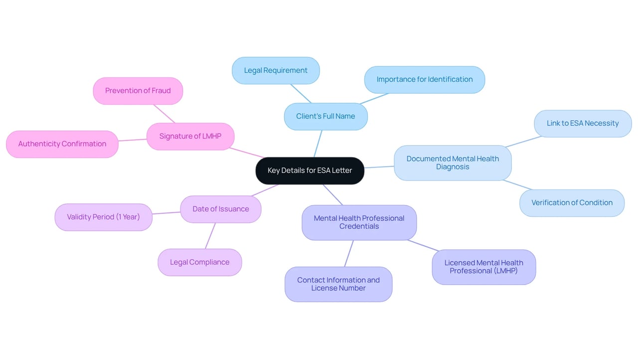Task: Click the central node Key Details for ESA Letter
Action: tap(310, 171)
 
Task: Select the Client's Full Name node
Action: tap(325, 117)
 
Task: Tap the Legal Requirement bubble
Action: tap(276, 70)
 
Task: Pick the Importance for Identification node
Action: tap(424, 79)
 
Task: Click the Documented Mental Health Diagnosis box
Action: tap(453, 163)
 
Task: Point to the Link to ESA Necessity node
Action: tap(583, 123)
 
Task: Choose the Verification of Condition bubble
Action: tap(572, 203)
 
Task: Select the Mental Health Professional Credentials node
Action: tap(359, 222)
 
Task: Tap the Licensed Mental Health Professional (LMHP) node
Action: tap(483, 267)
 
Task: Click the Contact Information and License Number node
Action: tap(338, 284)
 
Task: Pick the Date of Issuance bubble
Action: tap(221, 209)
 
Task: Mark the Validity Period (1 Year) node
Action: tap(103, 217)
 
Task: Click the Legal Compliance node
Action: tap(200, 262)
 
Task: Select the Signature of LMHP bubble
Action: tap(190, 137)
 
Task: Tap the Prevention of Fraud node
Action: tap(138, 91)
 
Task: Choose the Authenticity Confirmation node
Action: tap(62, 144)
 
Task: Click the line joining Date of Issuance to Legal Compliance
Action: tap(210, 236)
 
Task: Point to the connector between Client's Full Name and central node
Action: tap(318, 144)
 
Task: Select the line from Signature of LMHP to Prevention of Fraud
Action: tap(164, 114)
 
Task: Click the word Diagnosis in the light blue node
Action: tap(453, 167)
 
